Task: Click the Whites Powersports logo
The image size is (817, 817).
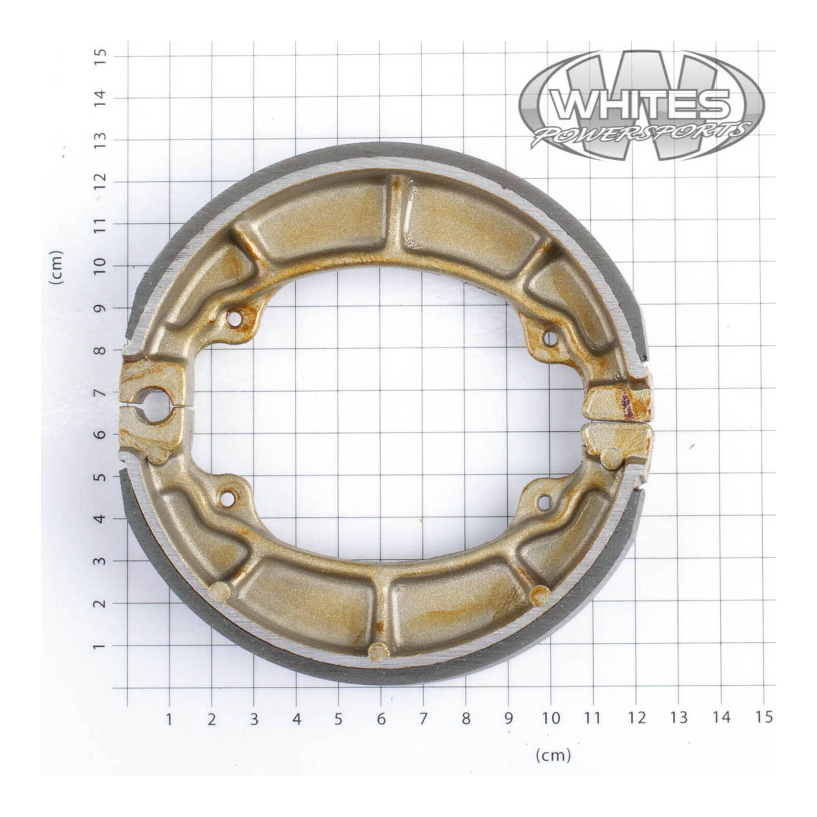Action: click(x=641, y=106)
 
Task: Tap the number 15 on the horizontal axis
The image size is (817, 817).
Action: click(x=763, y=717)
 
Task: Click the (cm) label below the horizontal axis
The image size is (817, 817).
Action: click(x=553, y=754)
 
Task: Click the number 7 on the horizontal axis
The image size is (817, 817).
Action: click(x=423, y=718)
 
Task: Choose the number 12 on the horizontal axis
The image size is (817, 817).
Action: click(x=636, y=718)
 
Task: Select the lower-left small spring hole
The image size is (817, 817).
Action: click(x=228, y=499)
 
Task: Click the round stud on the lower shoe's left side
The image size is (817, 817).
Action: click(x=219, y=591)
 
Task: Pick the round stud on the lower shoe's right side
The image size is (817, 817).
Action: click(x=540, y=594)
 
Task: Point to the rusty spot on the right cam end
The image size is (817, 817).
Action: click(x=625, y=403)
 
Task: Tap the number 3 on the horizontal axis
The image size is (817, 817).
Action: click(x=254, y=718)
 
